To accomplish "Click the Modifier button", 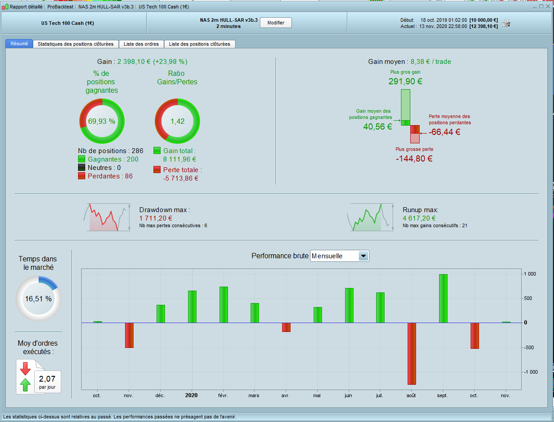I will coord(275,23).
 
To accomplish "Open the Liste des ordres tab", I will coord(141,44).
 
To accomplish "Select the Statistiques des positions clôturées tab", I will coord(76,44).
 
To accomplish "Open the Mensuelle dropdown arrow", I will coord(363,256).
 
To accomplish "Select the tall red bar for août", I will coord(412,353).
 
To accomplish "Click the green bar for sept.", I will coord(443,298).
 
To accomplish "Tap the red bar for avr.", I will coord(286,327).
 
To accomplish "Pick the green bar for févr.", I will coord(224,304).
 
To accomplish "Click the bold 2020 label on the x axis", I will coord(192,395).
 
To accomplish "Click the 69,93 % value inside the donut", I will coord(102,121).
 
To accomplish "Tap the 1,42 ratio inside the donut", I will coord(177,121).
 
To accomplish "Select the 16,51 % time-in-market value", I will coord(38,299).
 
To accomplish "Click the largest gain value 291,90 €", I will coord(405,81).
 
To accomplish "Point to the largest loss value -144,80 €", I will coord(414,158).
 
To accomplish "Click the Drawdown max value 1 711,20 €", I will coord(156,218).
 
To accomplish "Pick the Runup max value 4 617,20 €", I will coord(419,218).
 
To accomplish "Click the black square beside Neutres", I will coord(82,168).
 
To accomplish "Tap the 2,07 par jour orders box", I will coord(47,382).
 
